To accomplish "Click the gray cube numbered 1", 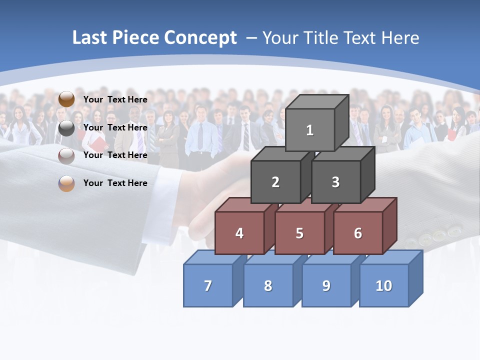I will tap(310, 130).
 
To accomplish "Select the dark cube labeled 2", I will tap(275, 182).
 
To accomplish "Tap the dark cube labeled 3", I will tap(335, 182).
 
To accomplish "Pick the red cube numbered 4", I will tap(239, 233).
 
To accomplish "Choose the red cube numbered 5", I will tap(299, 233).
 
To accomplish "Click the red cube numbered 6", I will tap(358, 233).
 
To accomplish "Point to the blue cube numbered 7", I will tap(208, 285).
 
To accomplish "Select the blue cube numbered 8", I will tap(268, 285).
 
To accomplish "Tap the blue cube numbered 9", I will tap(326, 285).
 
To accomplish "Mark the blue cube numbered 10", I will tap(384, 285).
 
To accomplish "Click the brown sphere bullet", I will tap(66, 99).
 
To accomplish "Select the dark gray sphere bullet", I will tap(66, 128).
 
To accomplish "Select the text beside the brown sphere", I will tap(115, 99).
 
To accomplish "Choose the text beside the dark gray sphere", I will tap(115, 127).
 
